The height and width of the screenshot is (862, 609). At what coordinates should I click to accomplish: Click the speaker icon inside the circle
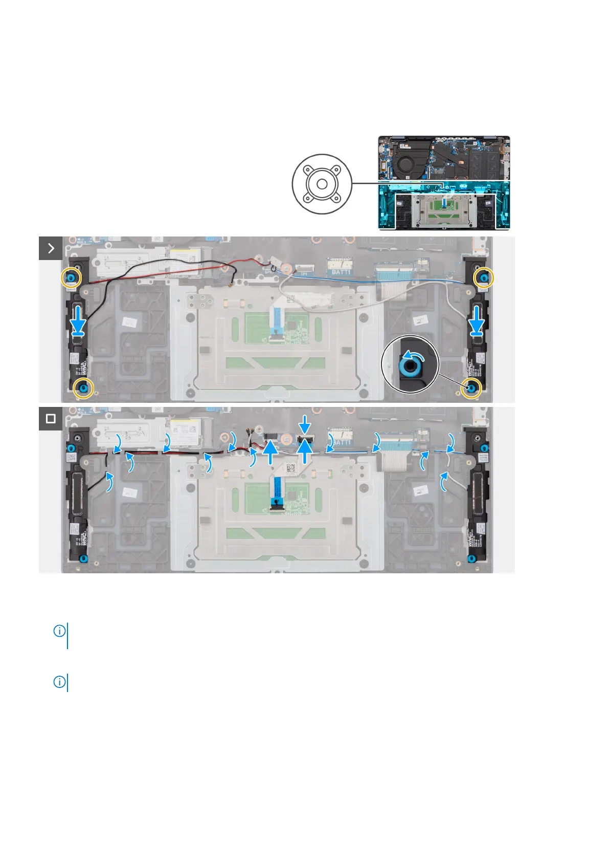[x=322, y=184]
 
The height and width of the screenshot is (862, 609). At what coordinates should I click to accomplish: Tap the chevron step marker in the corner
[x=51, y=248]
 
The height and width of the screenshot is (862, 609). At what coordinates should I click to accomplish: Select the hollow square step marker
[x=51, y=419]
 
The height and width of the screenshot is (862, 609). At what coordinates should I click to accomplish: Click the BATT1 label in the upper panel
[x=341, y=272]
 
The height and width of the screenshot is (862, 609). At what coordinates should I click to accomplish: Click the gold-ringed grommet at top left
[x=71, y=277]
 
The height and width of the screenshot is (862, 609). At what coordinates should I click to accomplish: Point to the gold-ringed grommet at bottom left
[x=83, y=389]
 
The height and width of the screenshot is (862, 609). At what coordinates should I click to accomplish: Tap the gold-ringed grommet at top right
[x=483, y=277]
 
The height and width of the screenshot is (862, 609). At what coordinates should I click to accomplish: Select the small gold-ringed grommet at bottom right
[x=471, y=389]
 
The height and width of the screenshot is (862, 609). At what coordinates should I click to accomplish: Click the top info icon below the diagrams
[x=60, y=631]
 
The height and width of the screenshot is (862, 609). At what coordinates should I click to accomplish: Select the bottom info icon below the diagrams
[x=60, y=682]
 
